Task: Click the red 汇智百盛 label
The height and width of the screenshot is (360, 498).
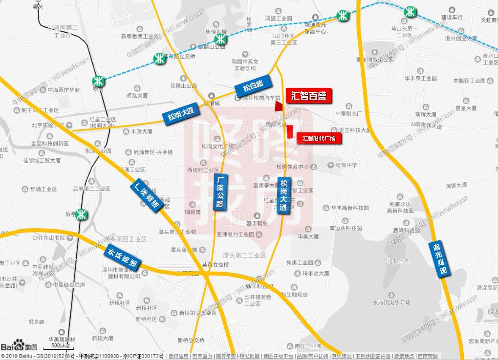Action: point(308,96)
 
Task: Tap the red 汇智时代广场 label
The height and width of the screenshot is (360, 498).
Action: point(319,138)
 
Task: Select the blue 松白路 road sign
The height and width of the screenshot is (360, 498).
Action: point(253,87)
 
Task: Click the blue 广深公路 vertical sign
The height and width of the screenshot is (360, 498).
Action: point(220,192)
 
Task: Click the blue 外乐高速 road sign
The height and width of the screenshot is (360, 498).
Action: point(122,257)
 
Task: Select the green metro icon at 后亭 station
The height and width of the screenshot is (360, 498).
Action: point(83,213)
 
